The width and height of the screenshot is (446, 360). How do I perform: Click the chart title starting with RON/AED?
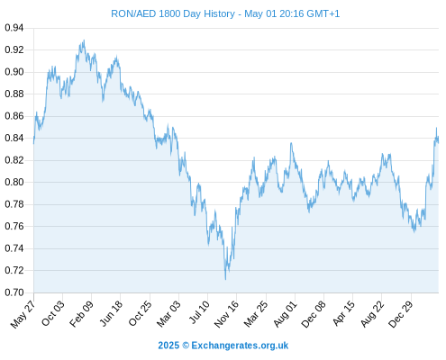(225, 13)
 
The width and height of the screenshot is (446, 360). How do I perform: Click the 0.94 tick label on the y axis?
(14, 28)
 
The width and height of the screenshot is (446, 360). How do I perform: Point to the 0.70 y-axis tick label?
(14, 292)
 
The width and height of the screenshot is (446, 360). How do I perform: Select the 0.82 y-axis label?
(14, 160)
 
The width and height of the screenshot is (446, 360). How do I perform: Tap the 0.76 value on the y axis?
(14, 226)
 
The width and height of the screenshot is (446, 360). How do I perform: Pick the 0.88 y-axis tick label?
(14, 94)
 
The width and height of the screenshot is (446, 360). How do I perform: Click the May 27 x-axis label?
(23, 314)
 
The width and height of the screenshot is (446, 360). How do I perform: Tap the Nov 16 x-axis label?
(226, 314)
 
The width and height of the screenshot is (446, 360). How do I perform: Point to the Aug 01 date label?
(285, 314)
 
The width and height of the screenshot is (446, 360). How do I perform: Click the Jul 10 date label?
(199, 312)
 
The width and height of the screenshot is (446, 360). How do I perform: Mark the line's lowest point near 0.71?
(225, 279)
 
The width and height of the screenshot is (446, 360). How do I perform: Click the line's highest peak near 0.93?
(84, 40)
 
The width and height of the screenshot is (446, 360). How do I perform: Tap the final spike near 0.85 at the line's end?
(436, 128)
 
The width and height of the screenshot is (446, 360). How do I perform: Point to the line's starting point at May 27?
(33, 143)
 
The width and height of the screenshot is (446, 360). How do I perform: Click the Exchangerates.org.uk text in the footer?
(240, 346)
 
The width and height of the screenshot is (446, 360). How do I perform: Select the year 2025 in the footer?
(168, 346)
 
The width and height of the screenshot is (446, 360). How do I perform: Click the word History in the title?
(219, 13)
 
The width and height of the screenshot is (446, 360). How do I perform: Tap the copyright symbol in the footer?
(186, 346)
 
